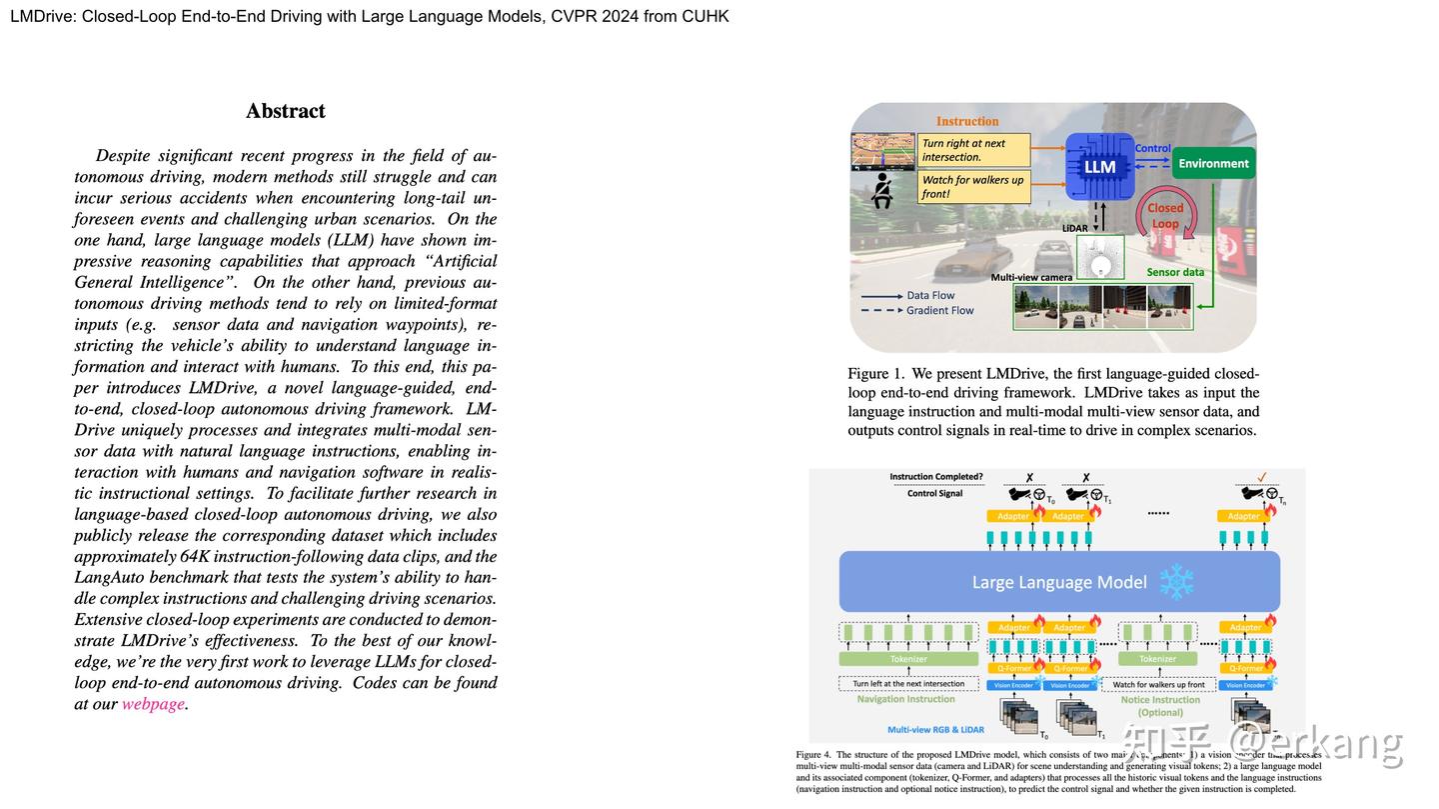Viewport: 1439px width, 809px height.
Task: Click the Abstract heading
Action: pos(286,111)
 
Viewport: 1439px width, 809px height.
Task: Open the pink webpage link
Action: pos(153,704)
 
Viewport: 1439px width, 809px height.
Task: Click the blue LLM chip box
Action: pos(1099,166)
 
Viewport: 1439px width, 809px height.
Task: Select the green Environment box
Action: pos(1213,163)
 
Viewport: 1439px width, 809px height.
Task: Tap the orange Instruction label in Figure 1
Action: pos(966,121)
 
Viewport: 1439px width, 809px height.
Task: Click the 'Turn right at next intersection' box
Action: pos(973,150)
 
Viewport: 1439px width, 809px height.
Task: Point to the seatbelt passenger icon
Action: pos(882,190)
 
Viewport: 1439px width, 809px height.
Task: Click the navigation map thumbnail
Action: pos(882,151)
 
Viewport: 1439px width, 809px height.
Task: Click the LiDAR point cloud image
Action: pos(1100,257)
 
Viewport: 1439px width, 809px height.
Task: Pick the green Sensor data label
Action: pos(1175,272)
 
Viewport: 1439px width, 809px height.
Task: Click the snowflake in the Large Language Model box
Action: pos(1176,582)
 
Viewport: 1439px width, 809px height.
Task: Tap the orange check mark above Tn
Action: pos(1262,478)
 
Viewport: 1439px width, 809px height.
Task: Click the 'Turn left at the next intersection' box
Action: pos(908,684)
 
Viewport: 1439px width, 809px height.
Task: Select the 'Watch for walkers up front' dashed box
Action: pos(1159,684)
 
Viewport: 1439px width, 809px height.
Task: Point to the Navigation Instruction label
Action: pos(907,700)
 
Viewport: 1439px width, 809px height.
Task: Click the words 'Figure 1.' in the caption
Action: pos(875,374)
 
